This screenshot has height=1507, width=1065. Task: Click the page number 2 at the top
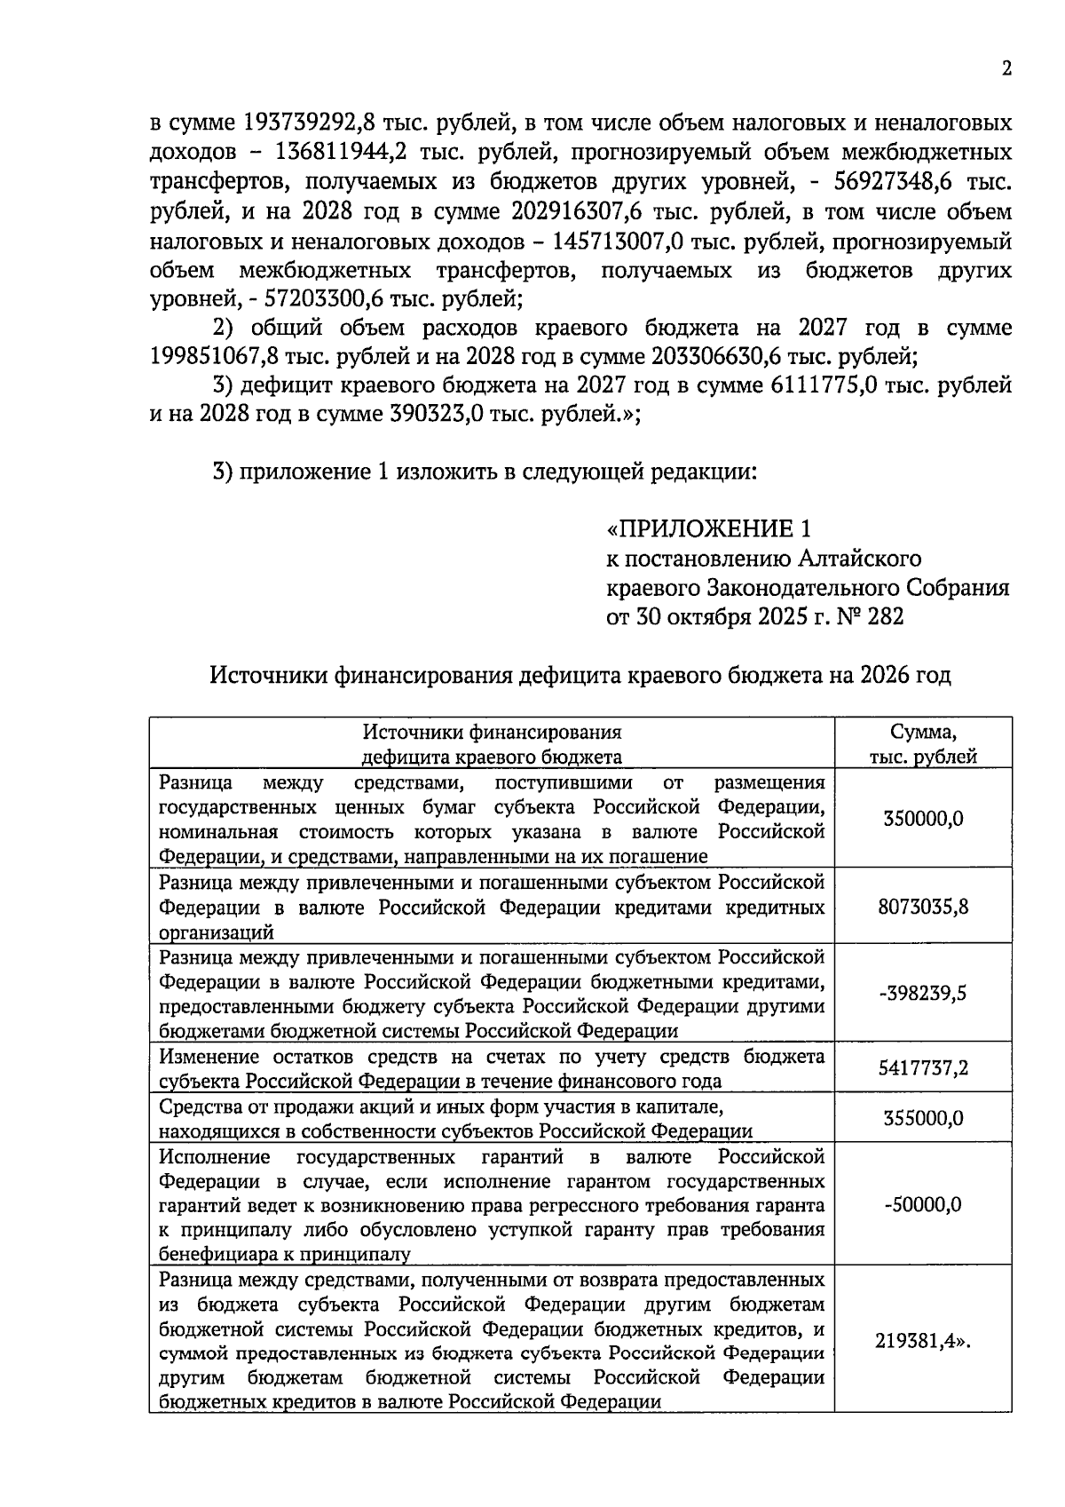pyautogui.click(x=1006, y=69)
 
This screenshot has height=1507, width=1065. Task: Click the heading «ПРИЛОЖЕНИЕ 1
pyautogui.click(x=708, y=529)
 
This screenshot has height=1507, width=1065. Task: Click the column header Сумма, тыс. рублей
pyautogui.click(x=923, y=744)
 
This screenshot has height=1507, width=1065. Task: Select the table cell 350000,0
pyautogui.click(x=923, y=819)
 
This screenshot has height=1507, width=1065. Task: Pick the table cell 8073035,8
pyautogui.click(x=923, y=907)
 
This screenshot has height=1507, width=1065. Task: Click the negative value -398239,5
pyautogui.click(x=923, y=993)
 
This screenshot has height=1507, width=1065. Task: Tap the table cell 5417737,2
pyautogui.click(x=923, y=1068)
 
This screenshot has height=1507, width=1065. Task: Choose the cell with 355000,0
pyautogui.click(x=923, y=1118)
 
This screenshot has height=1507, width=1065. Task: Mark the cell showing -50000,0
pyautogui.click(x=923, y=1205)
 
